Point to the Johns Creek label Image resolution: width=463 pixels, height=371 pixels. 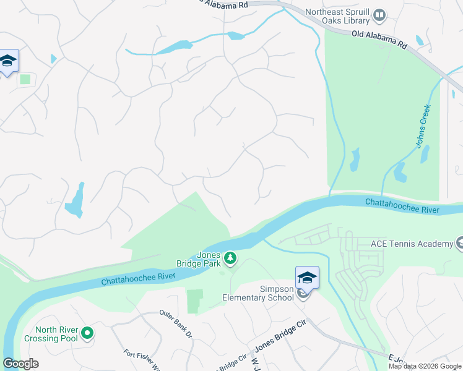point(423,126)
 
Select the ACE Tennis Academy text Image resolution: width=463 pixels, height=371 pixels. point(412,244)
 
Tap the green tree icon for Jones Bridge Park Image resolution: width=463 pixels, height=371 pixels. point(230,258)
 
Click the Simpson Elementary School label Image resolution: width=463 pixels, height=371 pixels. point(258,292)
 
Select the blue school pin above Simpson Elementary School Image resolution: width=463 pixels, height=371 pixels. point(307,277)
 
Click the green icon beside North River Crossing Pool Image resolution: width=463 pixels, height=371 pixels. point(87,334)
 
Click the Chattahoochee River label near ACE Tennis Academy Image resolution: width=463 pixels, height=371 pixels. point(402,207)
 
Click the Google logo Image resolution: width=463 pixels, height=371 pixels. point(20,364)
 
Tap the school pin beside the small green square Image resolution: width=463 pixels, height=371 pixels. point(8,61)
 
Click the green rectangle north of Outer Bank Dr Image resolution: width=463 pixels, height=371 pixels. point(195,301)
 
